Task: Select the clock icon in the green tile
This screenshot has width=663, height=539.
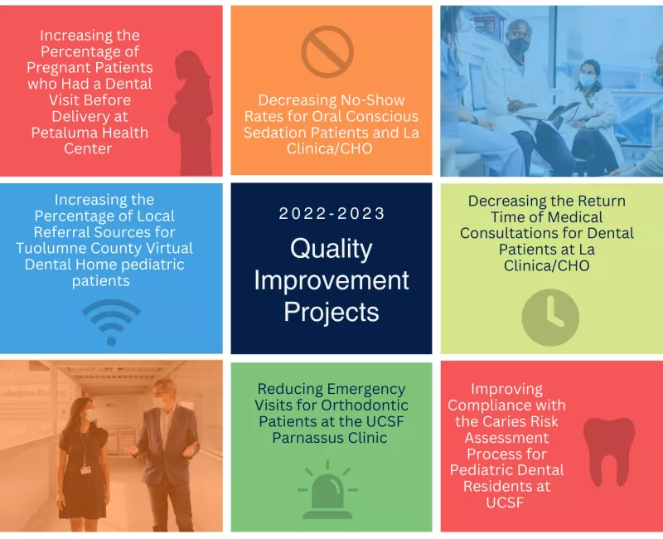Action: tap(550, 318)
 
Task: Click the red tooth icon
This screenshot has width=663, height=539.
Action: tap(609, 451)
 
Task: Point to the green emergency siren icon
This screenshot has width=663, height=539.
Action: tap(327, 491)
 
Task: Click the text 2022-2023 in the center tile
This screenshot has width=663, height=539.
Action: tap(331, 213)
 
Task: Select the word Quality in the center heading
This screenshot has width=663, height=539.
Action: tap(331, 249)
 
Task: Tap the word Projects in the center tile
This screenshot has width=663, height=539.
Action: tap(331, 313)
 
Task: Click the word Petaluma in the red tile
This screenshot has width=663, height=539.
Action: tap(58, 133)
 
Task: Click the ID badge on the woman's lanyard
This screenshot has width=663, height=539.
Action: tap(85, 469)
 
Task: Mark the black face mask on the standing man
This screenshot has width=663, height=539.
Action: tap(519, 46)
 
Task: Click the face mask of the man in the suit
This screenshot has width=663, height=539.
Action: tap(159, 402)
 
